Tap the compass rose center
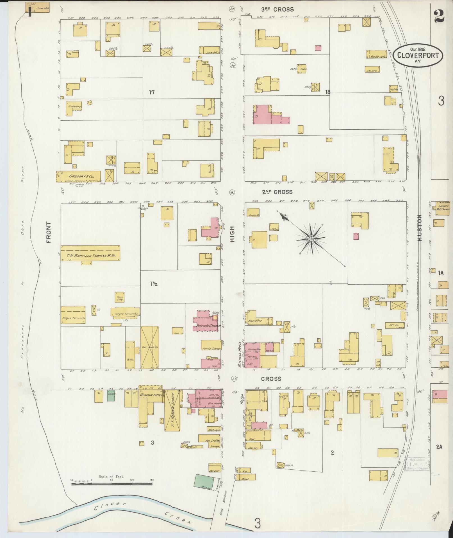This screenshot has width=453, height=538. (x=311, y=239)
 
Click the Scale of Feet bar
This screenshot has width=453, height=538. (x=112, y=287)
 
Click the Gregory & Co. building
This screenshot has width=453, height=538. (x=81, y=176)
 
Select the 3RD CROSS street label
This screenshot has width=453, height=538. (x=277, y=10)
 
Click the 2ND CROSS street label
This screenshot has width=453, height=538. (x=277, y=192)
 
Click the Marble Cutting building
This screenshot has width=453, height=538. (x=377, y=54)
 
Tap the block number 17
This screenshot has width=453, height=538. (x=152, y=92)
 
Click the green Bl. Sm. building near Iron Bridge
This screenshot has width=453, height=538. (x=203, y=482)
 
